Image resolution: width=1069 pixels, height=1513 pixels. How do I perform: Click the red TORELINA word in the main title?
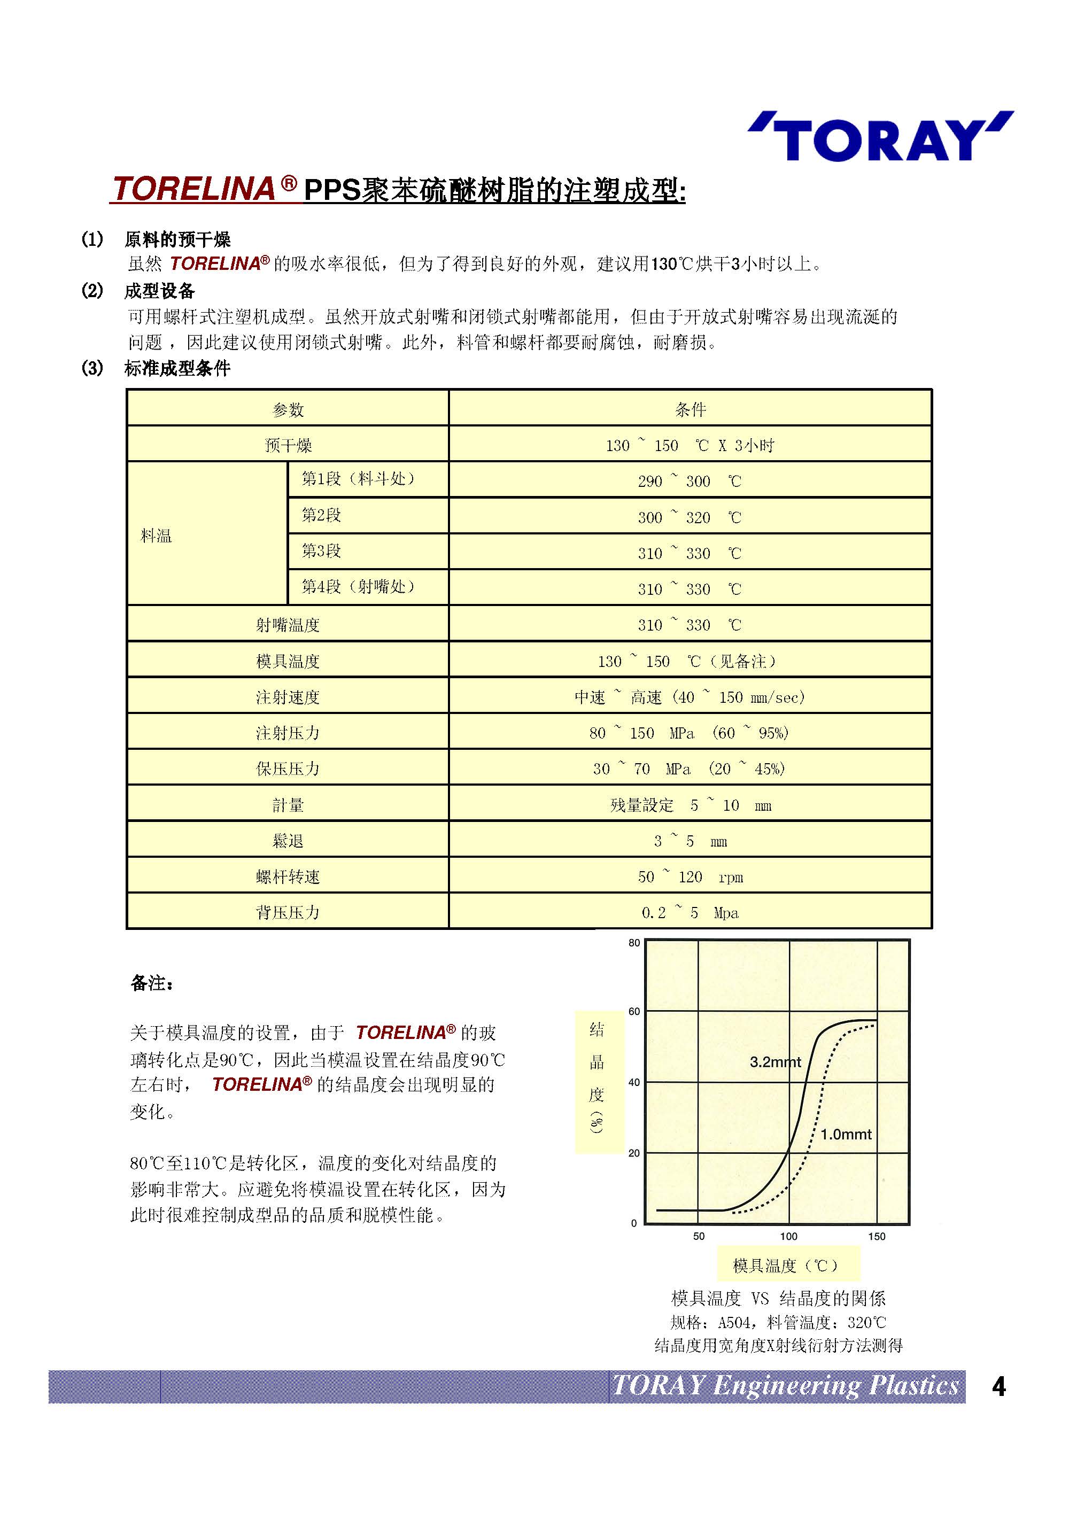tap(194, 189)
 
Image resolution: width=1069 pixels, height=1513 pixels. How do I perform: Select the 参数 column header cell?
tap(288, 409)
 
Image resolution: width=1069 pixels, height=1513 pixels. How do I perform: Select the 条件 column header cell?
tap(690, 409)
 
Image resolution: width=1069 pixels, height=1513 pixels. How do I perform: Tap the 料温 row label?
tap(156, 535)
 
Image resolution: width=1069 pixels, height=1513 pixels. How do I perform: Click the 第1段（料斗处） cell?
tap(359, 478)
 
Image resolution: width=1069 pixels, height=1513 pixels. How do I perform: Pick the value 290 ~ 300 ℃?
tap(690, 481)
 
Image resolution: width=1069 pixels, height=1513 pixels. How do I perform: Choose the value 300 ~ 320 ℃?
tap(690, 517)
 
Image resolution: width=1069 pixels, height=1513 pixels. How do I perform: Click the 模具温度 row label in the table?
tap(288, 661)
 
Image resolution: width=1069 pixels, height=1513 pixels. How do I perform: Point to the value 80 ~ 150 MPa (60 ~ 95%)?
tap(690, 733)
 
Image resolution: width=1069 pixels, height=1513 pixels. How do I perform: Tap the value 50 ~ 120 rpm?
tap(690, 876)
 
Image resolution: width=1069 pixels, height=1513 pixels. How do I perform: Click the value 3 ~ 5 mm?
tap(690, 841)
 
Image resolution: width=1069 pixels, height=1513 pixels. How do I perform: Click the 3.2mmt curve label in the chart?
tap(775, 1061)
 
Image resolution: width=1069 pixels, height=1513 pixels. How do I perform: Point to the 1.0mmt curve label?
tap(846, 1134)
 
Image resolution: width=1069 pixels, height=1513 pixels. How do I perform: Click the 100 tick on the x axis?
tap(788, 1236)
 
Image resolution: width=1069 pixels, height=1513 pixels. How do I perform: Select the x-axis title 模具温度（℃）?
tap(787, 1265)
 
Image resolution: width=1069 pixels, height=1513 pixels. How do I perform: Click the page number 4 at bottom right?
tap(998, 1386)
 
